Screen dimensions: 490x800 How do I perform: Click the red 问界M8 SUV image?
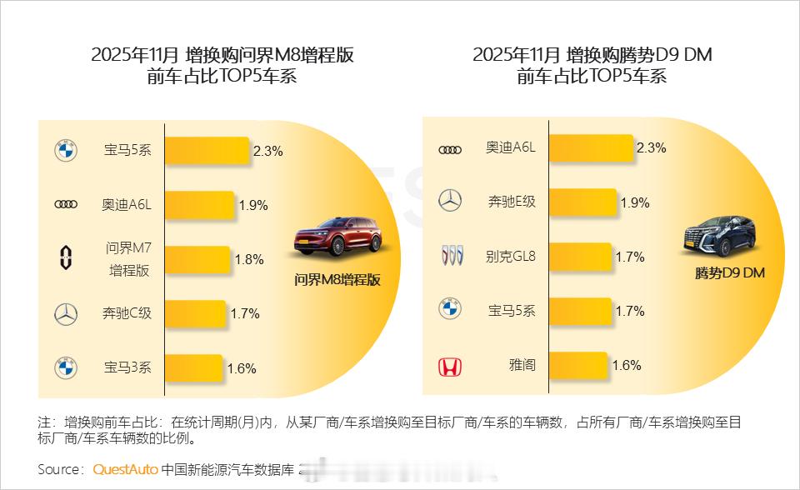pos(337,236)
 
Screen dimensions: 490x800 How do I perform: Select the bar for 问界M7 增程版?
pos(197,259)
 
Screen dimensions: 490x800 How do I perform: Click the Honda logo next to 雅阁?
pos(450,367)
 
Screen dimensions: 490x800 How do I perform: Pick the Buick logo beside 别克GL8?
pos(450,257)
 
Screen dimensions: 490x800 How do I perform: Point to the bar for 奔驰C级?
pos(195,314)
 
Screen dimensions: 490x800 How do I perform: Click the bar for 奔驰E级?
pos(582,202)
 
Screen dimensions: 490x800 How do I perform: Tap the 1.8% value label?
pos(248,259)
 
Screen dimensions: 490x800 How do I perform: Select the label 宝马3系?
pos(127,367)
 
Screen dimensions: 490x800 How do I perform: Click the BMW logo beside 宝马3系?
pos(66,367)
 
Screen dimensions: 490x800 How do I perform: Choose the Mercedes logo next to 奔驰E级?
pos(450,201)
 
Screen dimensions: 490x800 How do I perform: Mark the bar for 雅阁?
pos(577,365)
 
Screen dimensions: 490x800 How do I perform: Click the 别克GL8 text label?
pos(511,256)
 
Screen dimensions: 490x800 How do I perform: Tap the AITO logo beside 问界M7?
pos(66,258)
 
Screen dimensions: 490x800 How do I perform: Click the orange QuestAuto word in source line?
pos(125,469)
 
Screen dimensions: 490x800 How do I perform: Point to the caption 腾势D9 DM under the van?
pos(729,273)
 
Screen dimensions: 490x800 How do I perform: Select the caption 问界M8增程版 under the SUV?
pos(337,280)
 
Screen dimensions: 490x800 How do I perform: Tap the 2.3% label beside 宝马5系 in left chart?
pos(268,151)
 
